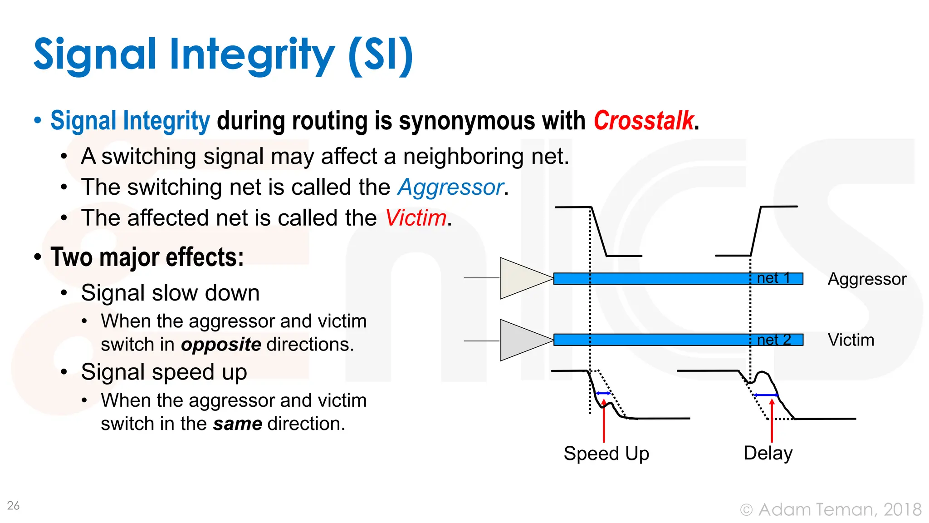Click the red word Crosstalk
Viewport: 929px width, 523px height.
[643, 121]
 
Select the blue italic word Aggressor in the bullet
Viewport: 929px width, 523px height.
[451, 187]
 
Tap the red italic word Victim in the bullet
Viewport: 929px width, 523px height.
[416, 218]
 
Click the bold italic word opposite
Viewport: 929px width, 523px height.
[221, 345]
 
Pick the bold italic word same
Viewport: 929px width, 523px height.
[237, 424]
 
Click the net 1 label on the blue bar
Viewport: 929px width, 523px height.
[773, 278]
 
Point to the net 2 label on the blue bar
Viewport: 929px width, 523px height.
[774, 340]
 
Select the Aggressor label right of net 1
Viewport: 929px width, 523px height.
[867, 279]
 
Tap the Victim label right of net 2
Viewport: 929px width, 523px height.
[851, 340]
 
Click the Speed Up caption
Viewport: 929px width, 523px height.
[606, 454]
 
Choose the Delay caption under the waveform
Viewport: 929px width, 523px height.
[768, 453]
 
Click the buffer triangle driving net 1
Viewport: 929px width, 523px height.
[522, 278]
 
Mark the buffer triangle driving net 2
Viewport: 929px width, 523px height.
[522, 340]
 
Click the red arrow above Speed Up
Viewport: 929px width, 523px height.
[604, 422]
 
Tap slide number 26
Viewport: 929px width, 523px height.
[13, 505]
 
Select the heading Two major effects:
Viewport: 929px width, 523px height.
[147, 257]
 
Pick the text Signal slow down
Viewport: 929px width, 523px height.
[170, 293]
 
